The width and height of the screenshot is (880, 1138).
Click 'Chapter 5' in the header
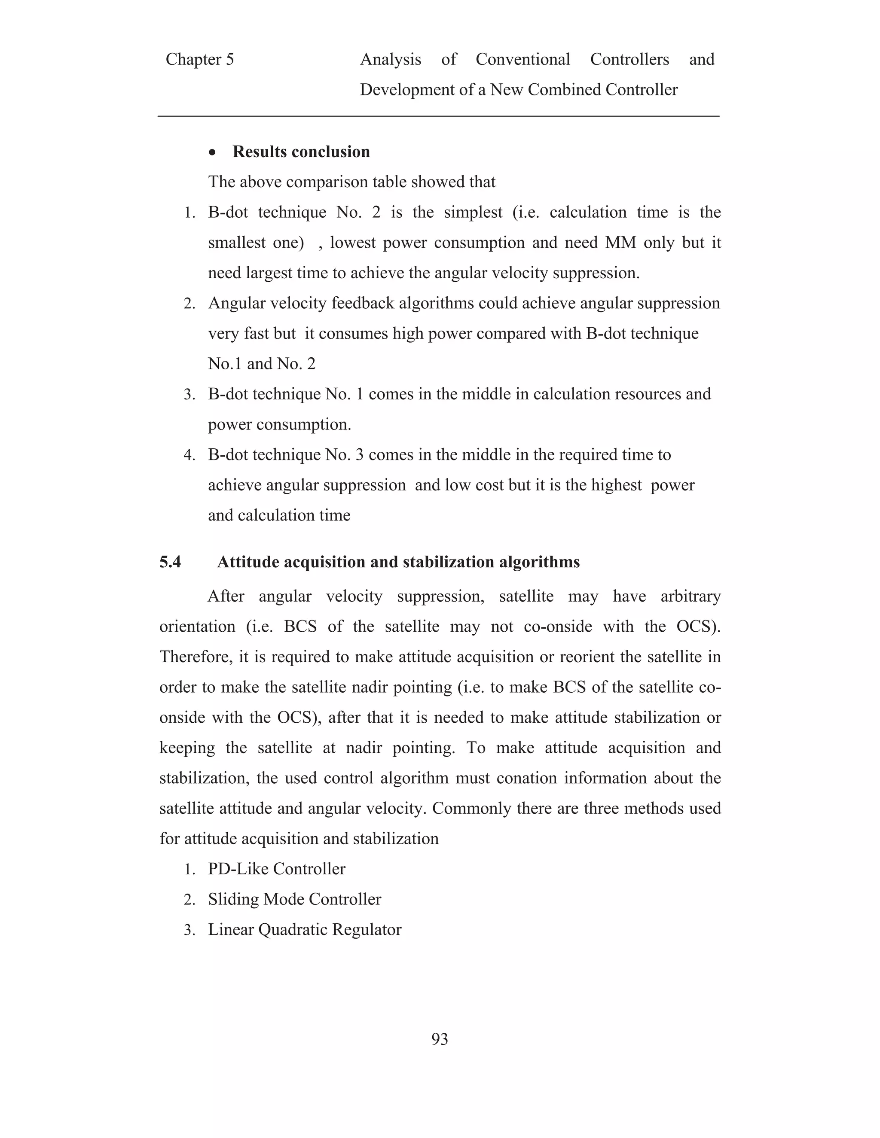pyautogui.click(x=200, y=59)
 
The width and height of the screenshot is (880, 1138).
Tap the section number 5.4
pyautogui.click(x=170, y=562)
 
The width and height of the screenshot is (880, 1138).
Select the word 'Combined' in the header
pyautogui.click(x=564, y=90)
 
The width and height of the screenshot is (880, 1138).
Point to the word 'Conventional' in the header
pyautogui.click(x=522, y=59)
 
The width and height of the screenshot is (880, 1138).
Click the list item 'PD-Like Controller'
pyautogui.click(x=276, y=869)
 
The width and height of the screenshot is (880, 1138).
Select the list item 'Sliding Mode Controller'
pyautogui.click(x=294, y=899)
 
